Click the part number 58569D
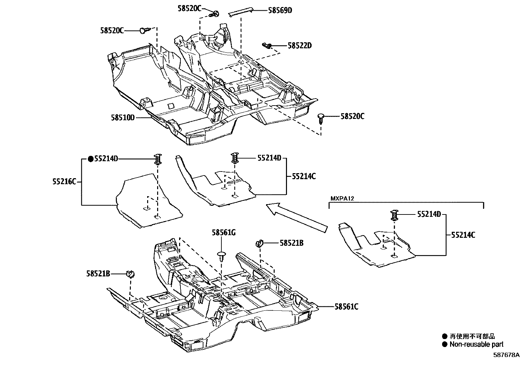tap(280, 10)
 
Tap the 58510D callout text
tap(123, 117)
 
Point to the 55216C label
tap(64, 182)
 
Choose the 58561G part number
tap(223, 232)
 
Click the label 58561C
tap(346, 306)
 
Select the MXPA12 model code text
tap(342, 198)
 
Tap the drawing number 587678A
tap(506, 355)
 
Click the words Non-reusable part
tap(476, 344)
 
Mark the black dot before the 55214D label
tap(91, 159)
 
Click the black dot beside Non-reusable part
tap(444, 344)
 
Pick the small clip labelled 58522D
tap(267, 45)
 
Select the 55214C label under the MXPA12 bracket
tap(463, 235)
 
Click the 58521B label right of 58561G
tap(291, 243)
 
